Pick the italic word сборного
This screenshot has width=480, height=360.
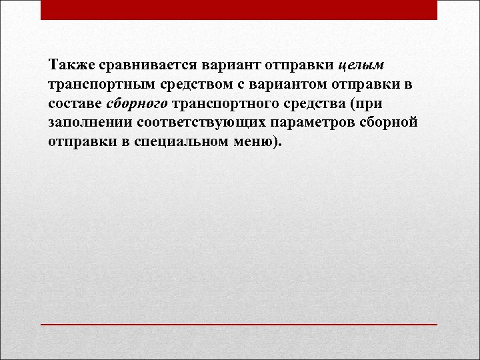(138, 105)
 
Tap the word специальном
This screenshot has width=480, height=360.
(178, 143)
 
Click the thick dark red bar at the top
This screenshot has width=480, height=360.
(239, 9)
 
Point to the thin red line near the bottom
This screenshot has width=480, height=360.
(239, 324)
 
